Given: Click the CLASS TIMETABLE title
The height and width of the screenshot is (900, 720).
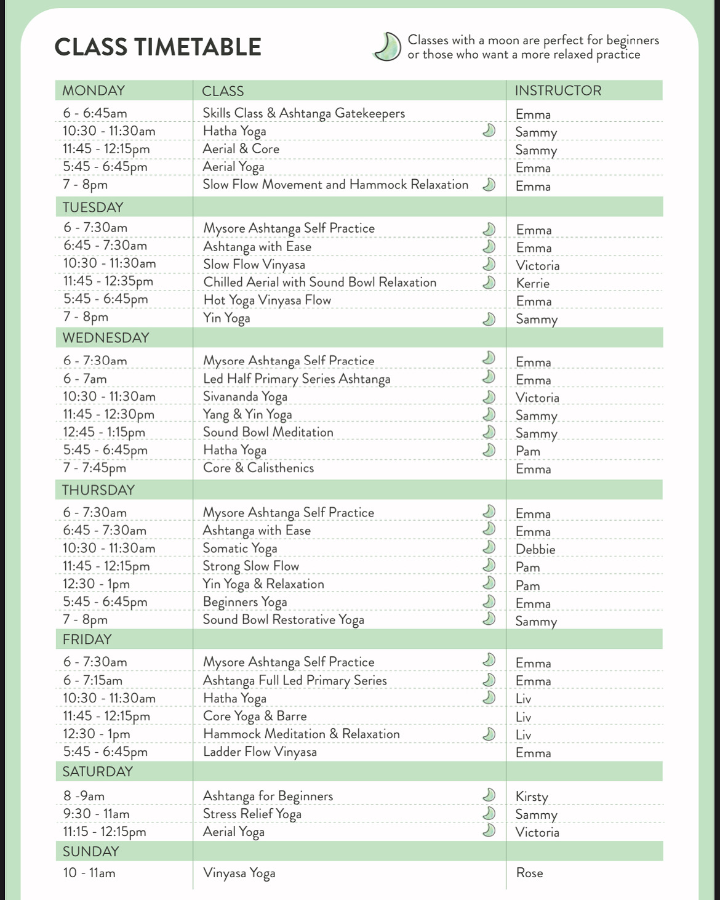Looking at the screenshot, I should (158, 47).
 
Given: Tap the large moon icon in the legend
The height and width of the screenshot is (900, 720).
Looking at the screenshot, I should (388, 47).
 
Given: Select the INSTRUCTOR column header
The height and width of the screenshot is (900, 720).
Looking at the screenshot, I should (558, 90).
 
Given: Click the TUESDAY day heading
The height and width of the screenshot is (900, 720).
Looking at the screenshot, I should (93, 207).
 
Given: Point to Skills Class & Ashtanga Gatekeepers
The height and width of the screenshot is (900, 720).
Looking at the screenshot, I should (304, 113).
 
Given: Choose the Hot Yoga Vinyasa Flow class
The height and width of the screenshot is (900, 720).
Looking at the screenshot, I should (267, 300).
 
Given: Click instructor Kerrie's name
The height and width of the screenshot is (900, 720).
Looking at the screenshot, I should (533, 283).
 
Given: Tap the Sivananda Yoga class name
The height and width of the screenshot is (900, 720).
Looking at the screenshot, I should (245, 397).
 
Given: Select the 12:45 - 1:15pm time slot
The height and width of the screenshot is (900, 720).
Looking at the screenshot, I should (104, 432).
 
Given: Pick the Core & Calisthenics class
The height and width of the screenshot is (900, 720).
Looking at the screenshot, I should (258, 468).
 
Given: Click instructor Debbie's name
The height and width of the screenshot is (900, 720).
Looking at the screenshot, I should (535, 549).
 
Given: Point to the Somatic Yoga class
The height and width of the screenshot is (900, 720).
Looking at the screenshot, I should (240, 548).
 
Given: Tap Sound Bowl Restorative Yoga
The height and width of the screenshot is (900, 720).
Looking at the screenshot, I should (284, 620).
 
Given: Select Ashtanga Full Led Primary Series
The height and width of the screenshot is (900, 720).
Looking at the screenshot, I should (295, 681).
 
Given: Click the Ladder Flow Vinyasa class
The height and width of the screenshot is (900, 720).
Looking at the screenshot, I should (260, 752).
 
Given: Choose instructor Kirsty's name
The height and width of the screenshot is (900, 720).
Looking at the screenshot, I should (532, 797).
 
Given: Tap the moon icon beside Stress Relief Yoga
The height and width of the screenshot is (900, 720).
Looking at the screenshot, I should (489, 813).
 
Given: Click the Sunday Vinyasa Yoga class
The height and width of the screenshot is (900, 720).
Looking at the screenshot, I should (239, 874).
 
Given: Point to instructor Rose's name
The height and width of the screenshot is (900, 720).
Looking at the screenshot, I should (529, 873).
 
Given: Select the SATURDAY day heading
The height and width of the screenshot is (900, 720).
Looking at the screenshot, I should (98, 771).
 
